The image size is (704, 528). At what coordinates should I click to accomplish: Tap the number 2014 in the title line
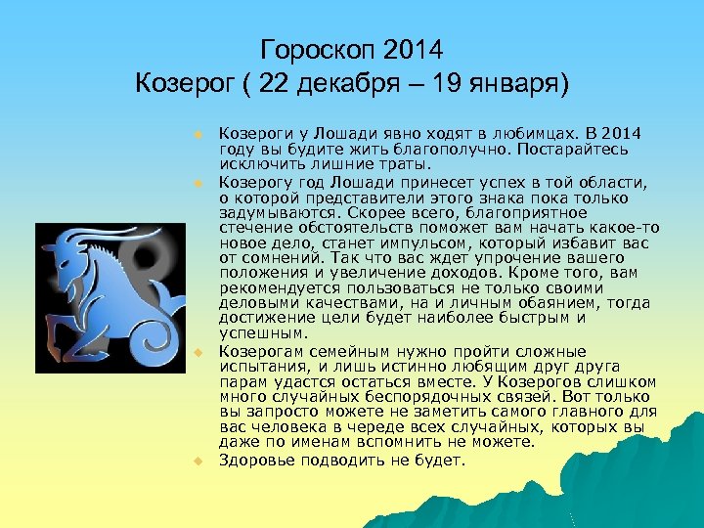(x=414, y=48)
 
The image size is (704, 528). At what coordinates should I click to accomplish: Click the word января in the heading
(x=513, y=80)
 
